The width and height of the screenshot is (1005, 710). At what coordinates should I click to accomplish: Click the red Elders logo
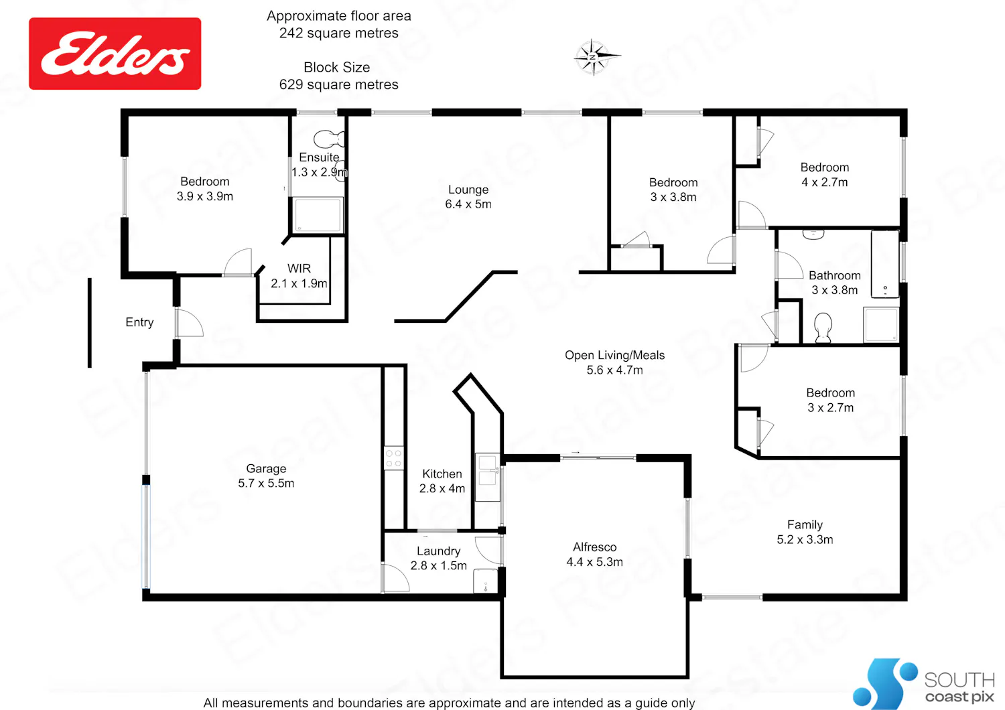tap(115, 54)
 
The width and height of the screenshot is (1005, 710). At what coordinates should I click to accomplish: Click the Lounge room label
tap(468, 190)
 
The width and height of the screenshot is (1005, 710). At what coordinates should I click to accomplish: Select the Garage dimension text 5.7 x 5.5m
tap(266, 483)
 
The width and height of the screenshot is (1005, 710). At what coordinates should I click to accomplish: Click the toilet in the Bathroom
tap(823, 328)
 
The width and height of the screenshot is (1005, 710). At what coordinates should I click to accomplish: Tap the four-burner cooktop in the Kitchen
tap(393, 458)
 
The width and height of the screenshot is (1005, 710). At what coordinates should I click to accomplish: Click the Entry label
tap(139, 322)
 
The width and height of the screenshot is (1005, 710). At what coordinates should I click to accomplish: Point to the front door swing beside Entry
tap(190, 322)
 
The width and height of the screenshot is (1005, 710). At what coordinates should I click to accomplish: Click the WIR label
tap(299, 268)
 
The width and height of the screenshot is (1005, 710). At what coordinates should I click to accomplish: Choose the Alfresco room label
tap(594, 547)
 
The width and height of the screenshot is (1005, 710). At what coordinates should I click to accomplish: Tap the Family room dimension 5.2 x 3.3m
tap(805, 539)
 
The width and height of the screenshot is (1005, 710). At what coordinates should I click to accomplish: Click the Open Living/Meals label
tap(614, 355)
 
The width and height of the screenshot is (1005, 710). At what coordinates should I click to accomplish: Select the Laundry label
tap(438, 551)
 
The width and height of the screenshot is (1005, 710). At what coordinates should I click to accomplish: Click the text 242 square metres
tap(339, 33)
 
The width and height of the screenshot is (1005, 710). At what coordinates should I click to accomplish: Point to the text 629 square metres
tap(339, 84)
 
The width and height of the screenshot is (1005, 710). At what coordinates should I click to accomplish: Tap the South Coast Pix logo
tap(923, 683)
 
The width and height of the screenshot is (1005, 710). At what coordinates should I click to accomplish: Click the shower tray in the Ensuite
tap(318, 215)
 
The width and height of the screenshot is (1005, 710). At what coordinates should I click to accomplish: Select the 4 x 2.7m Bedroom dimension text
tap(825, 182)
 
